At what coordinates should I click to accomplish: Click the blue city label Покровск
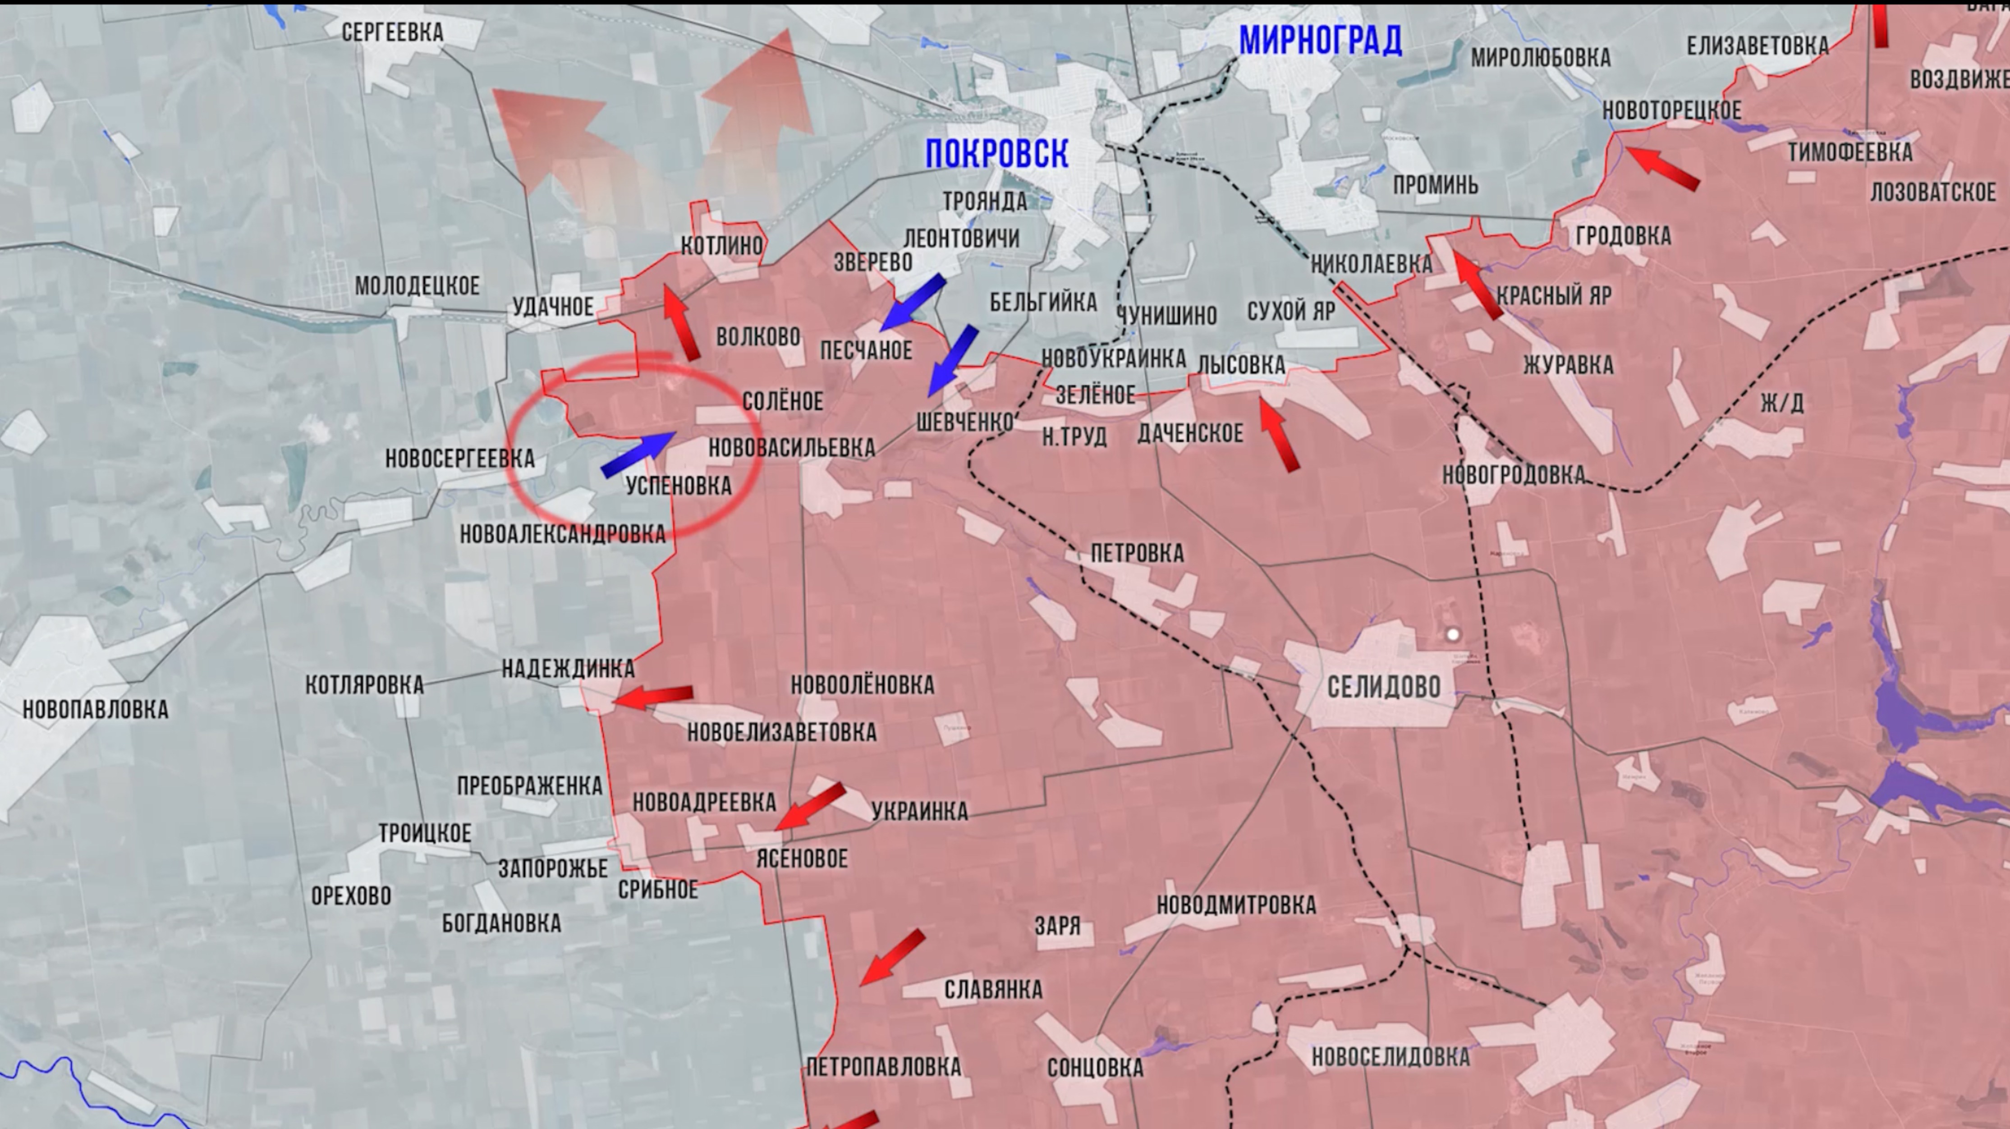996,154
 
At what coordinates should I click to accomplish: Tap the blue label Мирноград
1320,41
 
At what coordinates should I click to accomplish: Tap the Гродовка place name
1623,236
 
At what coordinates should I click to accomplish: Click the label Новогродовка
1514,474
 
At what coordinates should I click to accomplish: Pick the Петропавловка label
883,1067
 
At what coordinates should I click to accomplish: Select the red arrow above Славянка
892,957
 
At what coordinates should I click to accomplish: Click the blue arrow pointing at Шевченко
952,360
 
